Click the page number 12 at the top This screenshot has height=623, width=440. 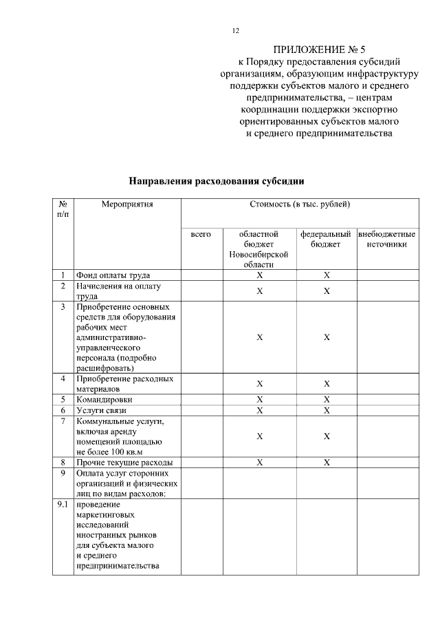point(235,31)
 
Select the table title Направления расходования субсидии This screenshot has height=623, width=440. point(217,181)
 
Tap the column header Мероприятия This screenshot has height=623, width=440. point(127,204)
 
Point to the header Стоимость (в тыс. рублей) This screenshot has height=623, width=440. point(300,204)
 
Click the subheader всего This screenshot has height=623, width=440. point(201,235)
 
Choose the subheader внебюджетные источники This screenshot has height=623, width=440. point(386,240)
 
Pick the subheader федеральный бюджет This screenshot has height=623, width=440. point(326,240)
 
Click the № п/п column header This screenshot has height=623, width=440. point(63,209)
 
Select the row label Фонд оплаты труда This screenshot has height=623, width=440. point(113,275)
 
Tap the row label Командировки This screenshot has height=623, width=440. point(104,399)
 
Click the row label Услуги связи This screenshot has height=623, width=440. point(102,410)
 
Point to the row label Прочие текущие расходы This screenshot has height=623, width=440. point(124,462)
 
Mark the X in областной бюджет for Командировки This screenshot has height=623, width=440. point(259,399)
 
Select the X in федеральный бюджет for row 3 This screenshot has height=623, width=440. point(327,337)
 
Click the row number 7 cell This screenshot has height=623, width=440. point(63,421)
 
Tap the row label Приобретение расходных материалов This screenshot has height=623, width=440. point(124,383)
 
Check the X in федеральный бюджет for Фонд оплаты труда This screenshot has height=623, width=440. point(327,275)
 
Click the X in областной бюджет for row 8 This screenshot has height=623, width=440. point(259,462)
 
